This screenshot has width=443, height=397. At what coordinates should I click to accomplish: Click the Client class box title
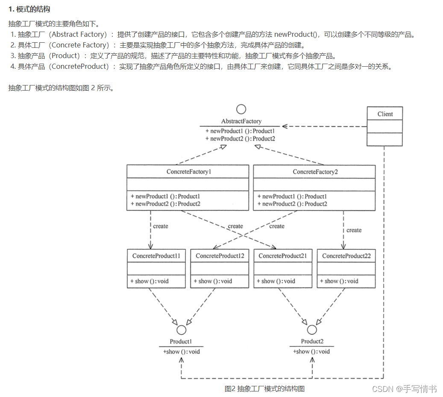click(x=384, y=114)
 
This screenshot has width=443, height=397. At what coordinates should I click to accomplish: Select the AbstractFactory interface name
click(x=241, y=121)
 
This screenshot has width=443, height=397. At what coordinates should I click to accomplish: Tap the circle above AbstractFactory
click(x=241, y=109)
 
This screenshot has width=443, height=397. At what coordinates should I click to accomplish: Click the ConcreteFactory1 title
click(x=188, y=172)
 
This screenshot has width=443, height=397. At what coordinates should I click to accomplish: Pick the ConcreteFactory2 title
click(x=314, y=172)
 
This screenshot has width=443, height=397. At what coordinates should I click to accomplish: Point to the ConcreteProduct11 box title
click(x=156, y=256)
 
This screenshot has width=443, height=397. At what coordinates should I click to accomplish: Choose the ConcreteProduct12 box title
click(x=220, y=256)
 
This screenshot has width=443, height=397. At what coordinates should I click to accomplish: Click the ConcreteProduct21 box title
click(x=283, y=256)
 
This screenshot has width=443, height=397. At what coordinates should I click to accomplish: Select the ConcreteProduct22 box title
click(x=346, y=256)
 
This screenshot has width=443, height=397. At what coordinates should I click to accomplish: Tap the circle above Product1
click(x=181, y=330)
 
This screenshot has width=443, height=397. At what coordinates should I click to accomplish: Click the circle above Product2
click(x=312, y=330)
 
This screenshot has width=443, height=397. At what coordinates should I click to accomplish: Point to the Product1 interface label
click(x=181, y=341)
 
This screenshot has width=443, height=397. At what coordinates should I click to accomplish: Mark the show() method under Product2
click(x=311, y=351)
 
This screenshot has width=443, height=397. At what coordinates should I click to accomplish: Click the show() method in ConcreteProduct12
click(x=213, y=281)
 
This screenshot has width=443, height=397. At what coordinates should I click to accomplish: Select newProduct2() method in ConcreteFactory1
click(x=166, y=204)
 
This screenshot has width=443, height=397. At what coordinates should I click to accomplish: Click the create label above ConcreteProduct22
click(x=354, y=230)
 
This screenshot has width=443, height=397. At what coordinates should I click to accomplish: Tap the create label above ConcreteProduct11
click(x=160, y=226)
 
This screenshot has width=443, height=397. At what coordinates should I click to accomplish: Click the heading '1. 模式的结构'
click(x=29, y=9)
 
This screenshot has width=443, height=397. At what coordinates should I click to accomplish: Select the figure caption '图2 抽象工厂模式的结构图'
click(x=264, y=388)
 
